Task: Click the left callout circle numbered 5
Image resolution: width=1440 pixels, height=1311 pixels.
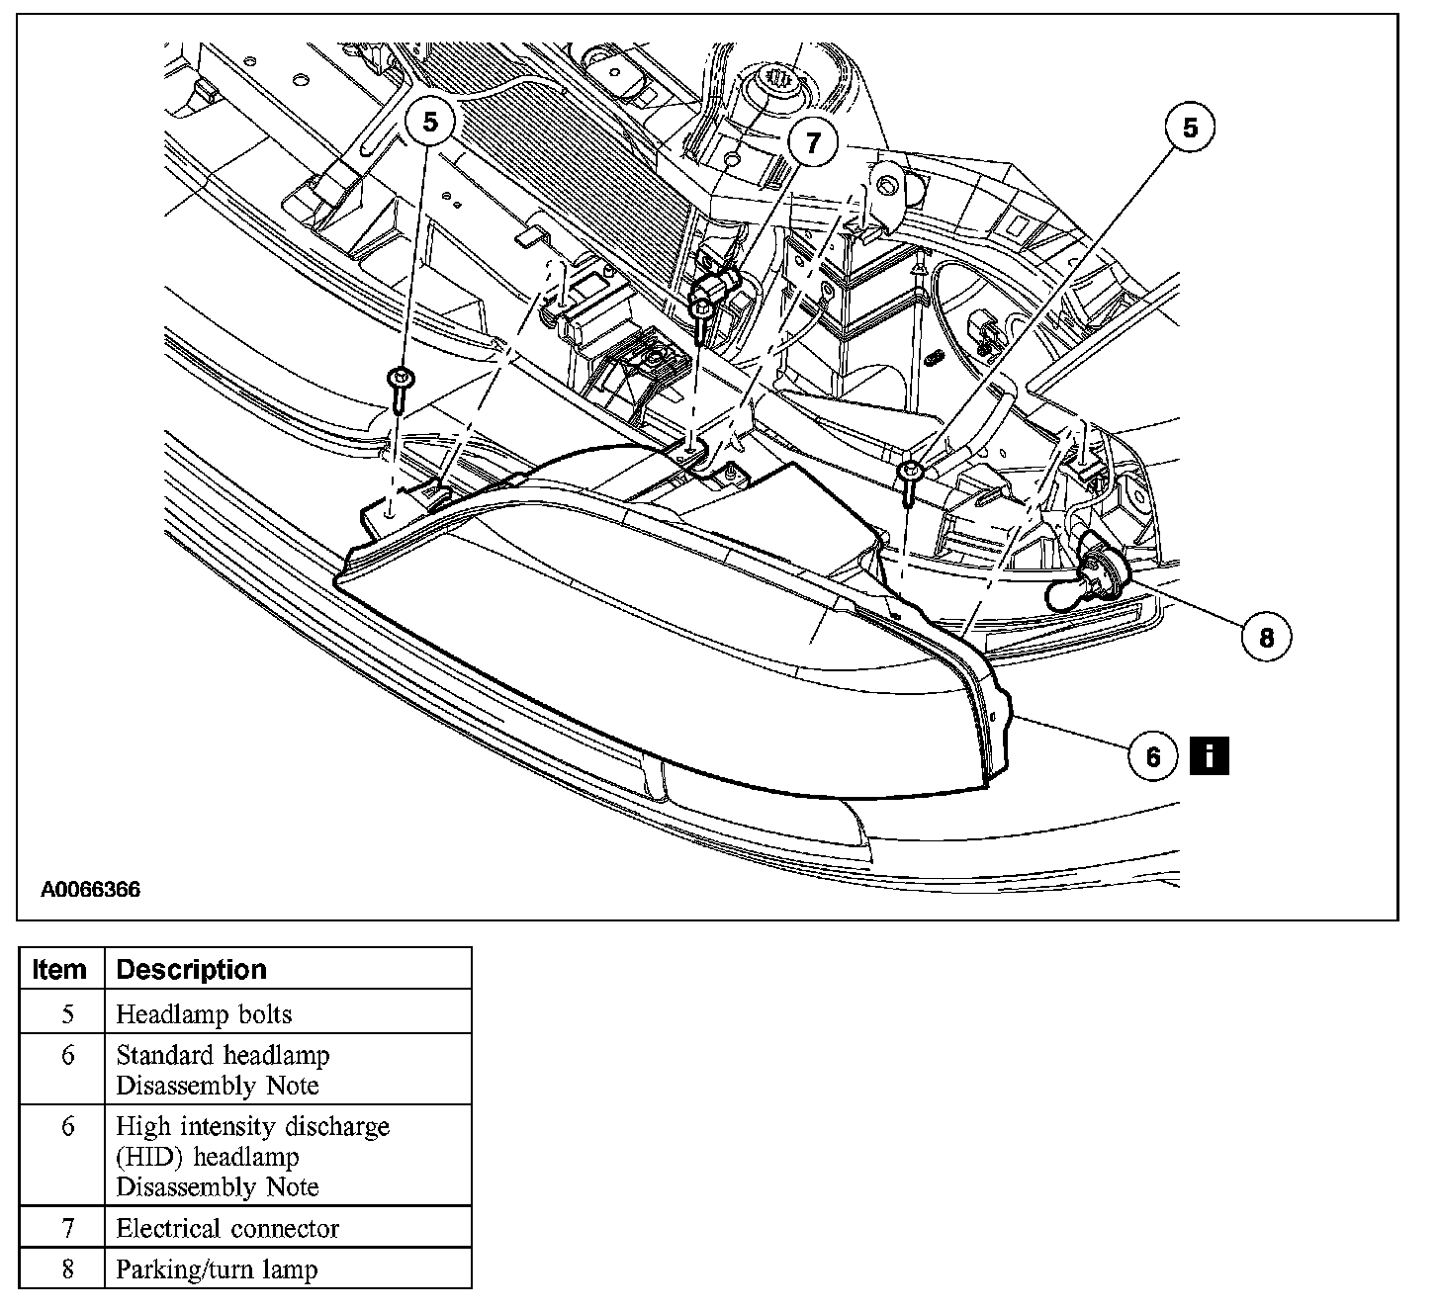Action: pos(429,121)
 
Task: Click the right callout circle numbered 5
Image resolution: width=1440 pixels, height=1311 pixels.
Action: pos(1190,128)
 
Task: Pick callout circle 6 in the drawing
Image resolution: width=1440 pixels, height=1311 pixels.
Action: pos(1152,756)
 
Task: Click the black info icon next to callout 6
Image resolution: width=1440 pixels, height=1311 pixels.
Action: pos(1210,755)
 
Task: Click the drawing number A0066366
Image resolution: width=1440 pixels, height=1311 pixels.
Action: pos(90,890)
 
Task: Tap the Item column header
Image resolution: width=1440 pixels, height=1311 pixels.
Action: pos(59,969)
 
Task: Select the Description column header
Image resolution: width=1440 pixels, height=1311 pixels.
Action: pos(191,969)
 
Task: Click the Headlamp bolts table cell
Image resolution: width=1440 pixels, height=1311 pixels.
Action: pos(204,1014)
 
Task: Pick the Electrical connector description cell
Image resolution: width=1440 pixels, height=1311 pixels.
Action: pos(227,1229)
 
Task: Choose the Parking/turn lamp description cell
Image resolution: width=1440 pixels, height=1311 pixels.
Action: pos(217,1269)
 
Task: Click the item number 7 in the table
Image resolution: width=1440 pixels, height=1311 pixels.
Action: pos(67,1229)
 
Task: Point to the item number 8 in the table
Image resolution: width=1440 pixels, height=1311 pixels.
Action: pos(67,1269)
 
